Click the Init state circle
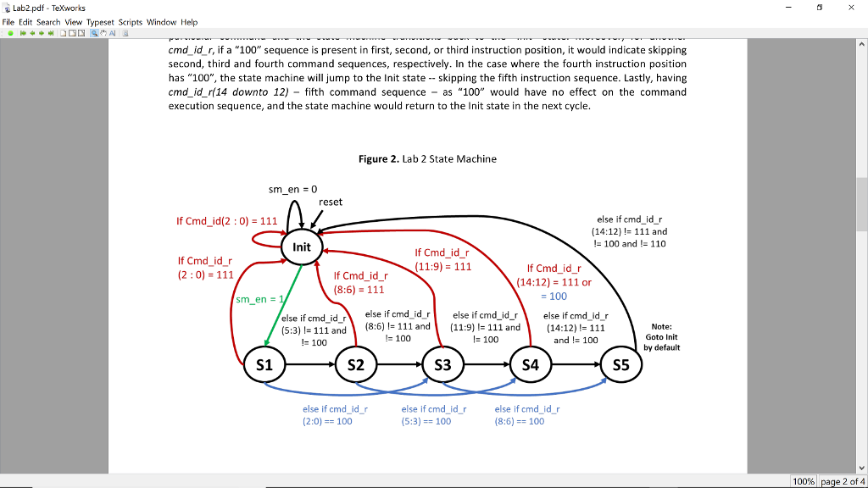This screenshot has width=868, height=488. pyautogui.click(x=302, y=247)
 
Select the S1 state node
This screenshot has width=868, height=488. pyautogui.click(x=264, y=365)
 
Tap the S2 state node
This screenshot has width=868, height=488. pyautogui.click(x=355, y=365)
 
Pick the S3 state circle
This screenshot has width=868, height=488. pyautogui.click(x=442, y=365)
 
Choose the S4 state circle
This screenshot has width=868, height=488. pyautogui.click(x=531, y=365)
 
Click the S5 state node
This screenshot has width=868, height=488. pyautogui.click(x=621, y=365)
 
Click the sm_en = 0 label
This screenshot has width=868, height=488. pyautogui.click(x=292, y=189)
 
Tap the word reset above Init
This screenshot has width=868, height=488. pyautogui.click(x=331, y=202)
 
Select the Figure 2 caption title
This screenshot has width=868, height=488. pyautogui.click(x=427, y=158)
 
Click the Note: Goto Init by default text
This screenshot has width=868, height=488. pyautogui.click(x=662, y=337)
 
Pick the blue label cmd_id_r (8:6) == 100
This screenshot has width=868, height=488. pyautogui.click(x=526, y=414)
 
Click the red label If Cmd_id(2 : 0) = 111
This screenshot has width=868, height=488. pyautogui.click(x=227, y=221)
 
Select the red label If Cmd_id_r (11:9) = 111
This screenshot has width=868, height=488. pyautogui.click(x=443, y=259)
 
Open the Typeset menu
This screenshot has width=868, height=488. pyautogui.click(x=101, y=22)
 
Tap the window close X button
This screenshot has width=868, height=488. pyautogui.click(x=851, y=7)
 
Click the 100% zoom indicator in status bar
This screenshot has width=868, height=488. pyautogui.click(x=804, y=481)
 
